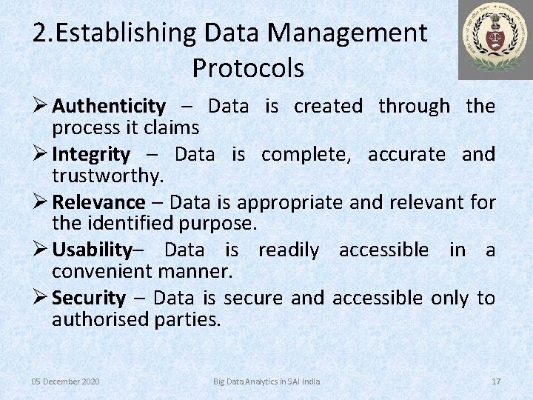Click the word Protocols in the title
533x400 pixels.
pyautogui.click(x=248, y=68)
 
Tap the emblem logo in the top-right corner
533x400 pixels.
pyautogui.click(x=495, y=40)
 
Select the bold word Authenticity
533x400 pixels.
pyautogui.click(x=109, y=107)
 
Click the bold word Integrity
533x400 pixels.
pyautogui.click(x=91, y=155)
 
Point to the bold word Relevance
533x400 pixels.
pyautogui.click(x=98, y=202)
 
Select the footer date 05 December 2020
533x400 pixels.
pyautogui.click(x=66, y=381)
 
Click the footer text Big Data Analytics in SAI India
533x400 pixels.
pyautogui.click(x=266, y=381)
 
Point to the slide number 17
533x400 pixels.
pyautogui.click(x=496, y=381)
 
